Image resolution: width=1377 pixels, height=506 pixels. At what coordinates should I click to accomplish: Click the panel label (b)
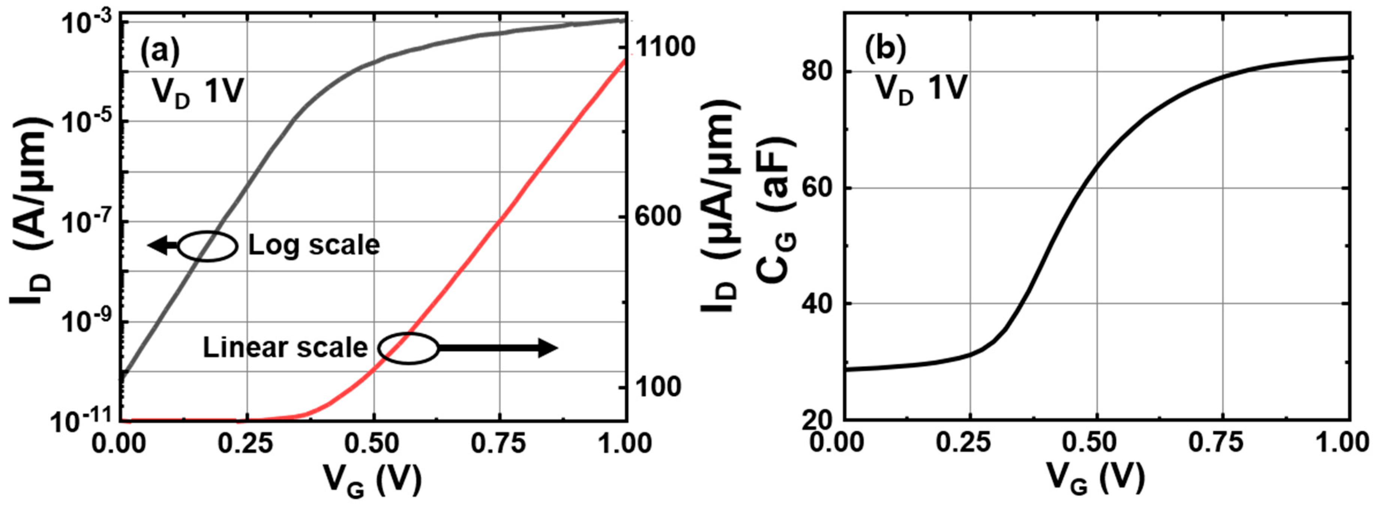(885, 49)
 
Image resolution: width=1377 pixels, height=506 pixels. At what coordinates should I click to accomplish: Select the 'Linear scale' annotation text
(285, 348)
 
